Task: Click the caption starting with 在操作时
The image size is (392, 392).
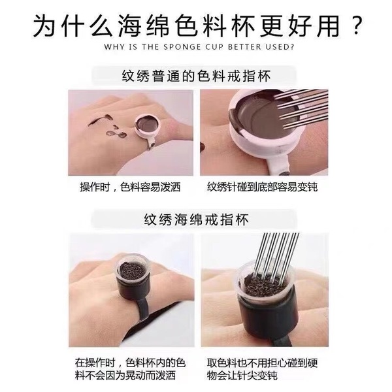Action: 130,367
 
